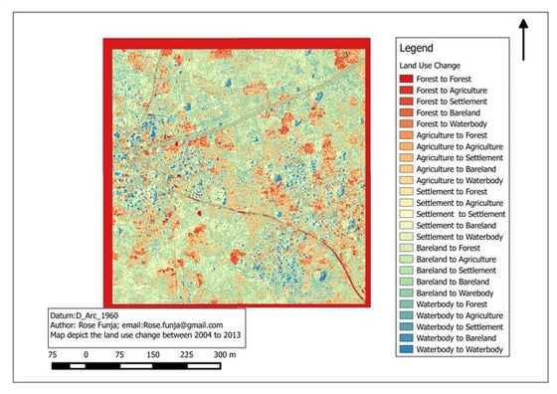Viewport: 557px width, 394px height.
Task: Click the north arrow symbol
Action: (523, 39)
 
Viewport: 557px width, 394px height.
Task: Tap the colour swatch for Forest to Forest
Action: (406, 78)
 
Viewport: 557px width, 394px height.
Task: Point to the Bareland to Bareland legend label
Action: (455, 283)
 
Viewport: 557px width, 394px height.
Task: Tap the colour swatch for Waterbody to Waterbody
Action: (406, 350)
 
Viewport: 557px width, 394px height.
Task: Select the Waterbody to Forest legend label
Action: (454, 304)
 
